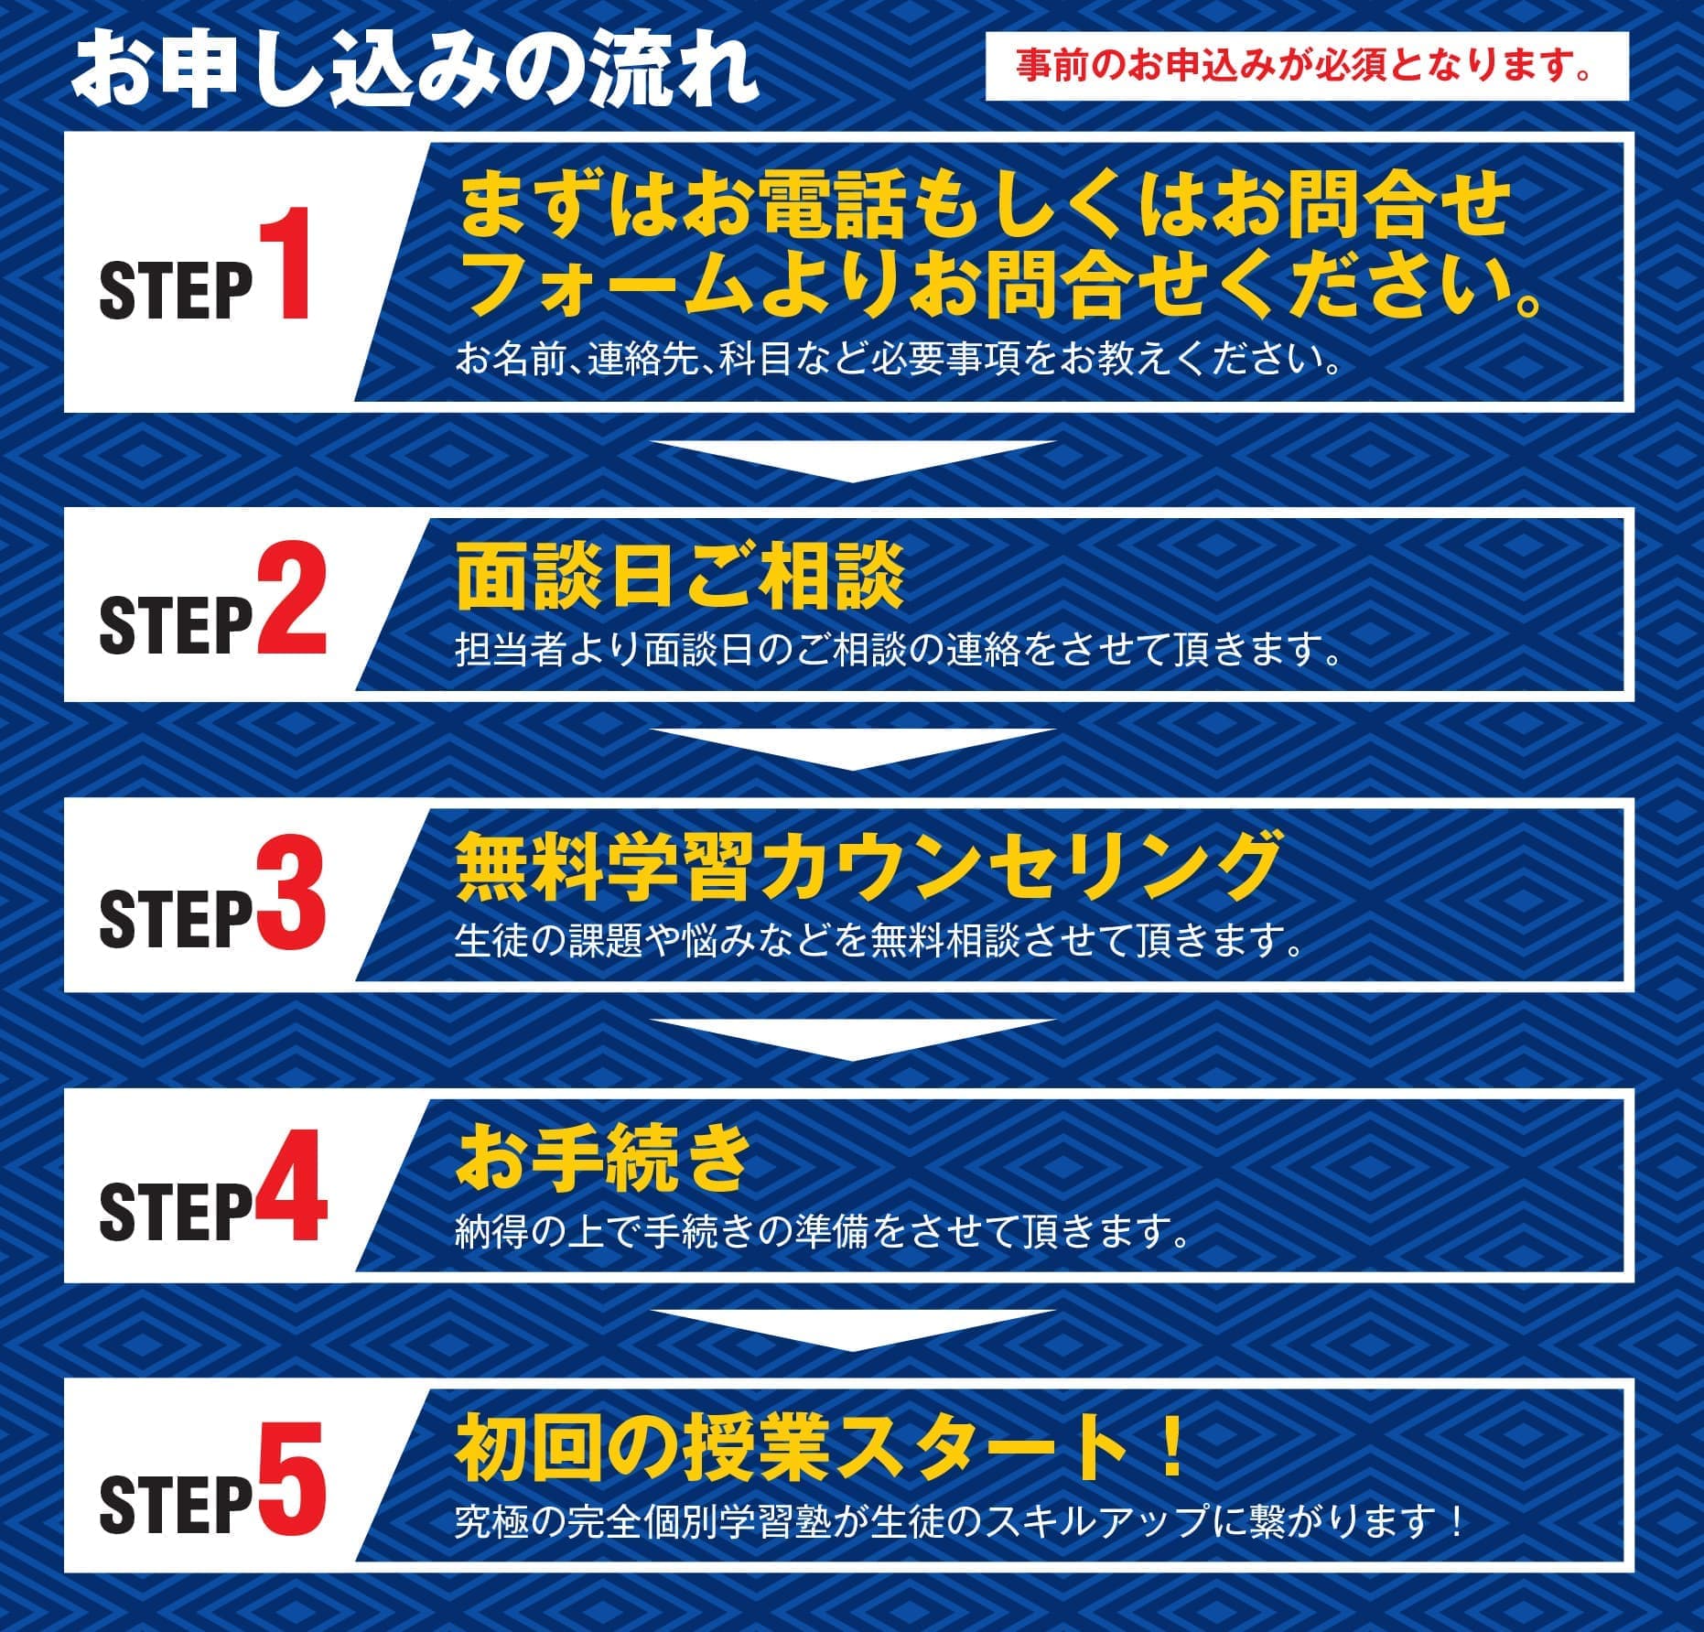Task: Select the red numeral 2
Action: (290, 598)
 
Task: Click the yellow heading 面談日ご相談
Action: (680, 578)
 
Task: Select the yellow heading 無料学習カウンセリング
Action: (867, 866)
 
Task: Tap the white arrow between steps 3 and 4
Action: (853, 1040)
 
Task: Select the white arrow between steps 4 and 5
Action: (853, 1330)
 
